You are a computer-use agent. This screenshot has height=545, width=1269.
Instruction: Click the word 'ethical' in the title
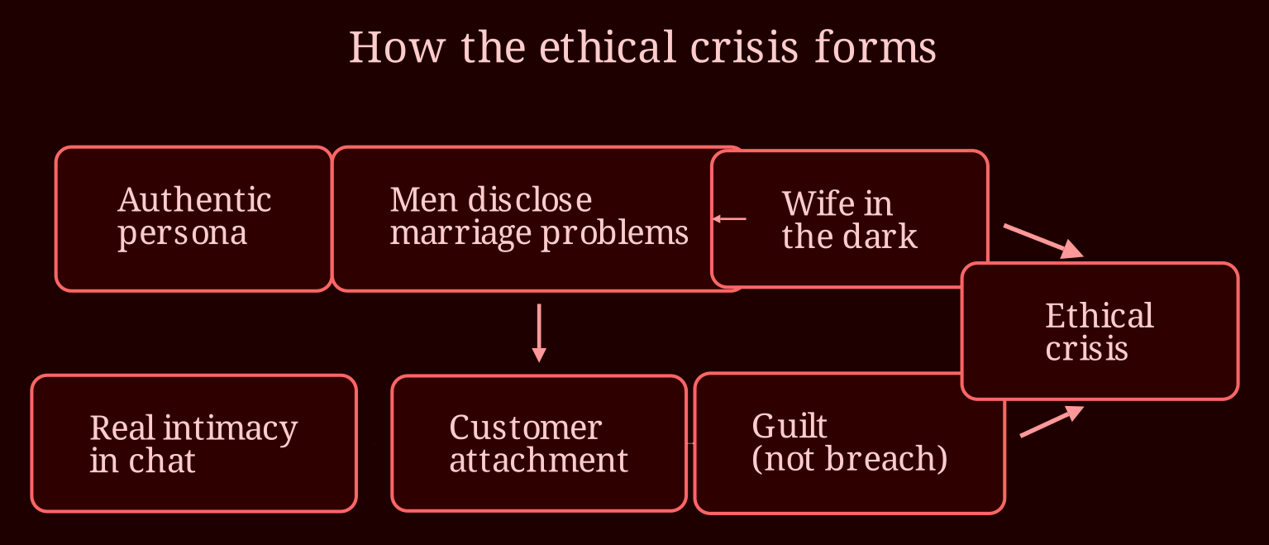[x=608, y=47]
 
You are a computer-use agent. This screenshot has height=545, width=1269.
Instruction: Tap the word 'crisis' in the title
[x=744, y=47]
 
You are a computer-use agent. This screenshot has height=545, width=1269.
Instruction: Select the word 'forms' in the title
[x=875, y=47]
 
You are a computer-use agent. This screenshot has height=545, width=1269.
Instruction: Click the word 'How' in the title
[x=397, y=47]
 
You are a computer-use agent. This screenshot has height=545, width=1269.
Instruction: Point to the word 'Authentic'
[x=194, y=200]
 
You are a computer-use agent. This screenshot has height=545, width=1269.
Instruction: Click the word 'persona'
[x=183, y=233]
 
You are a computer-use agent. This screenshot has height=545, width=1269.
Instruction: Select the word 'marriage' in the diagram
[x=460, y=233]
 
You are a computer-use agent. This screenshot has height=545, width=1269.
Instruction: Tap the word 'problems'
[x=615, y=233]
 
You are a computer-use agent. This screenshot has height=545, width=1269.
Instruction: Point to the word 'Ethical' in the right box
[x=1099, y=315]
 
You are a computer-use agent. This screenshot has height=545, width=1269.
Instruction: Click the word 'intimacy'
[x=230, y=428]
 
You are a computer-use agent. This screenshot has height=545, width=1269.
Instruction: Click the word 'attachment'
[x=538, y=460]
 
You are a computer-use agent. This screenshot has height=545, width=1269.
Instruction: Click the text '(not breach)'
[x=849, y=458]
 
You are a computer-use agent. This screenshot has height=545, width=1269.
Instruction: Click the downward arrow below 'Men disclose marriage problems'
[x=539, y=332]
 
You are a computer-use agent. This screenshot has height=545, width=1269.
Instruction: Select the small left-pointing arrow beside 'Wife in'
[x=729, y=218]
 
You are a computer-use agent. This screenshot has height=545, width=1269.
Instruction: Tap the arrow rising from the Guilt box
[x=1052, y=422]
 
